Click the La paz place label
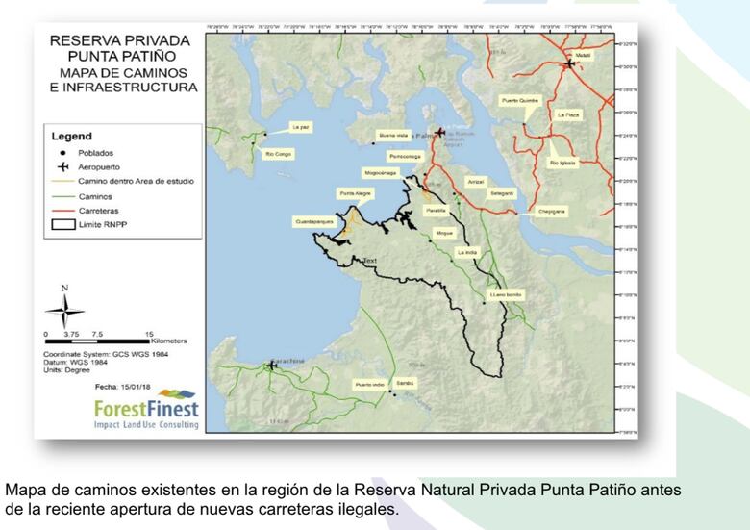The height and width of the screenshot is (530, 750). [301, 127]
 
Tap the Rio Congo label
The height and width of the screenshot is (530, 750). [278, 154]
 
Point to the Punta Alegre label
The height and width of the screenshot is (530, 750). [355, 193]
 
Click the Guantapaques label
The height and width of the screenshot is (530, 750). [313, 221]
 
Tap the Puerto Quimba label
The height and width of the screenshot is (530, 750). [520, 100]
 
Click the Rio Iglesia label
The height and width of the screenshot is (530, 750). [562, 163]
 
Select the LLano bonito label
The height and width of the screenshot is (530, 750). [505, 293]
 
